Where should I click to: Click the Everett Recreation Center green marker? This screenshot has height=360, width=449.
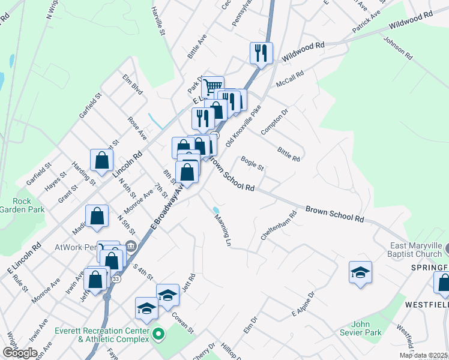tap(158, 333)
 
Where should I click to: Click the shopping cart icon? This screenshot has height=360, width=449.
tap(212, 87)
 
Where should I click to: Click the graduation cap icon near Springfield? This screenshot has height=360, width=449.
tap(360, 272)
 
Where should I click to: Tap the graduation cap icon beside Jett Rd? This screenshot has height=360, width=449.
tap(167, 295)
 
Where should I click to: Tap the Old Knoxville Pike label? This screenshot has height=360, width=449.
tap(244, 127)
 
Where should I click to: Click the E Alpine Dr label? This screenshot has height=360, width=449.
tap(303, 305)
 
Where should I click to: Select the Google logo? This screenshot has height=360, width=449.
tap(19, 352)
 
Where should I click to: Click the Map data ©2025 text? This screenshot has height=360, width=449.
tap(424, 355)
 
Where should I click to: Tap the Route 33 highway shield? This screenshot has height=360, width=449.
tap(116, 280)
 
